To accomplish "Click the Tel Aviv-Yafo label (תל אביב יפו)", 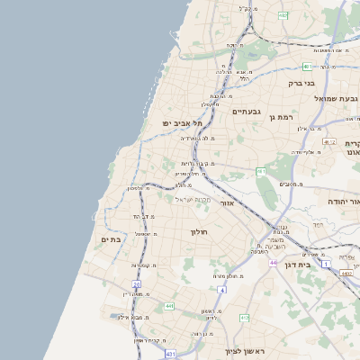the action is point(178,122).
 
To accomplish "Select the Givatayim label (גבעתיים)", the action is point(246,112).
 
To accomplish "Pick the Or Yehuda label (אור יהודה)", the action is point(343,201).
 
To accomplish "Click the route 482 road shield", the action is point(283,15).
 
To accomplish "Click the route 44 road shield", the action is point(272,263).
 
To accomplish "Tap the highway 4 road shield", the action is point(221,290).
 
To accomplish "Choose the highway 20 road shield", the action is point(137,284).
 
